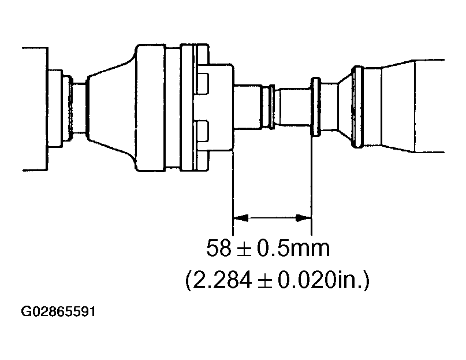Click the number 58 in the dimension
(219, 249)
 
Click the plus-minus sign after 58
(245, 250)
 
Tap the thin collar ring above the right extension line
(316, 107)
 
